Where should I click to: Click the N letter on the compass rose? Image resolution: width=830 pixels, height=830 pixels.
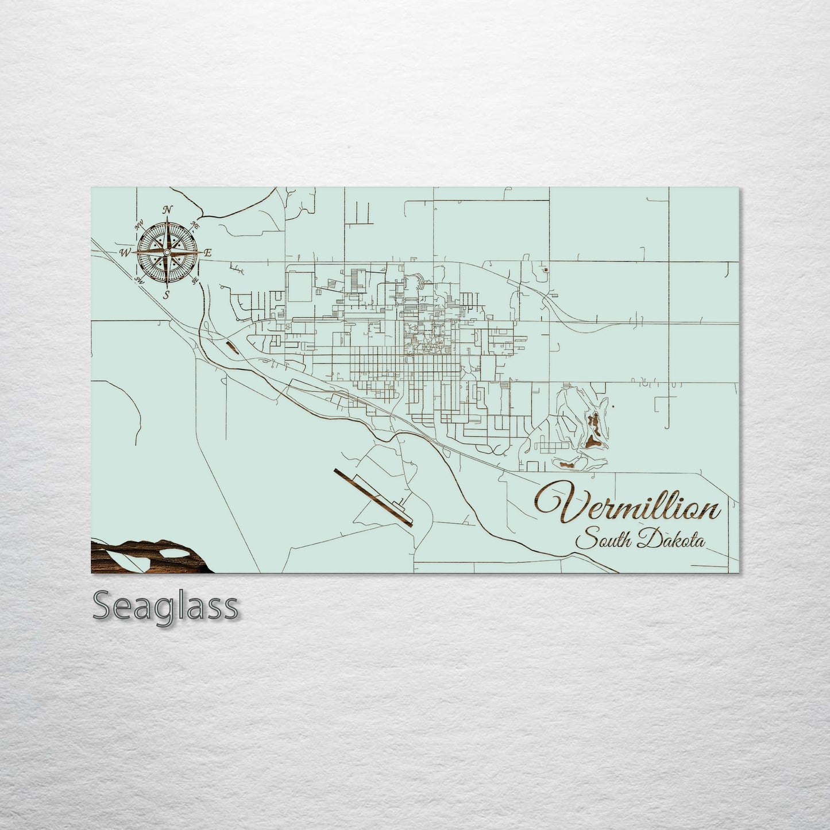click(x=167, y=210)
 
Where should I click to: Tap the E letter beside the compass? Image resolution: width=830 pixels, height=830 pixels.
click(x=208, y=252)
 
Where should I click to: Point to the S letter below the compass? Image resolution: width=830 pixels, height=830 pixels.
click(x=167, y=295)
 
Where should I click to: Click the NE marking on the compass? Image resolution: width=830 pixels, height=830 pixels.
click(x=195, y=225)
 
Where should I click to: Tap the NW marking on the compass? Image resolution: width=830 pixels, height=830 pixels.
click(x=138, y=226)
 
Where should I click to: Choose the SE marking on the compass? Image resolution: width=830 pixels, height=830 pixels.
click(x=195, y=280)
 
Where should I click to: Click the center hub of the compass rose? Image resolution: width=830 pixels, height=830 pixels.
click(x=167, y=252)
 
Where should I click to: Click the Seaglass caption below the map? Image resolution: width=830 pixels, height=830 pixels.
click(x=165, y=606)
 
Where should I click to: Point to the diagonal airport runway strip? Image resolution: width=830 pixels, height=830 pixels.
click(x=372, y=496)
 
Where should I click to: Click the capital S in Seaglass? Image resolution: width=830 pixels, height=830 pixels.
click(x=103, y=606)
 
